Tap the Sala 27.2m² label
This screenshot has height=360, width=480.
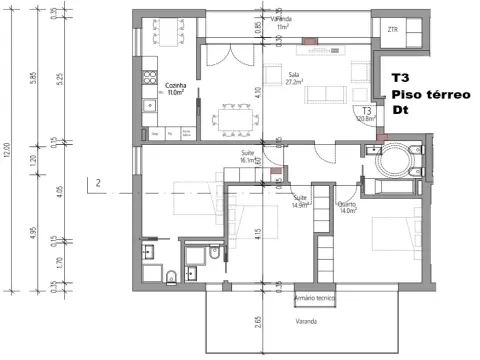tap(294, 77)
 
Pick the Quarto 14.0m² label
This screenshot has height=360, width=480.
tap(348, 208)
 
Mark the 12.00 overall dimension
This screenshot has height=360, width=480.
tap(8, 150)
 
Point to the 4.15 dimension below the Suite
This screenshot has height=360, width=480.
tap(258, 235)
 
